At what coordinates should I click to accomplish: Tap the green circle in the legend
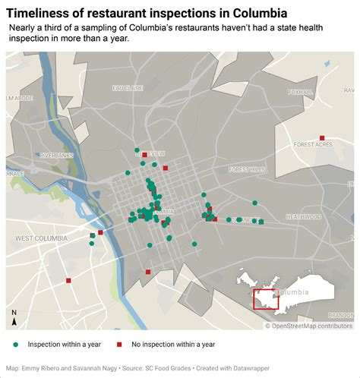16,345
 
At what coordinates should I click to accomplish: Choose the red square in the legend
120,345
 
